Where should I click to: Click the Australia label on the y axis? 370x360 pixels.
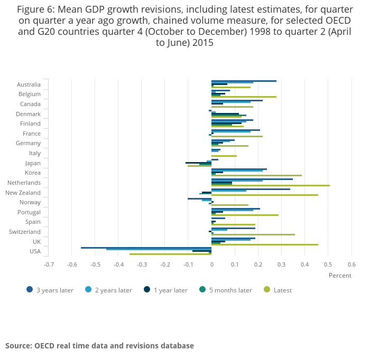[x=29, y=84]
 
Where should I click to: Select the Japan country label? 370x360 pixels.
[x=33, y=163]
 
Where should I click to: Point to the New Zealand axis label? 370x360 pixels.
[x=23, y=193]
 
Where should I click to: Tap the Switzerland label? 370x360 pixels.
[x=25, y=232]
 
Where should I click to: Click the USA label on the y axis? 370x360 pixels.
[x=35, y=251]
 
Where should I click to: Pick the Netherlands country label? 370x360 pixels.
[x=24, y=183]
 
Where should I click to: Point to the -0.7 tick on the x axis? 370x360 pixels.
[x=49, y=264]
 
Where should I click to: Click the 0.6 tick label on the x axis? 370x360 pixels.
[x=351, y=264]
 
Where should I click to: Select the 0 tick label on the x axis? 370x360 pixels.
[x=211, y=264]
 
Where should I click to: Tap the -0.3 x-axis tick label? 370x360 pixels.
[x=142, y=264]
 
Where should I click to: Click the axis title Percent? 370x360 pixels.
[x=340, y=276]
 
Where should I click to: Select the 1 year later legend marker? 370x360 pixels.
[x=147, y=289]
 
